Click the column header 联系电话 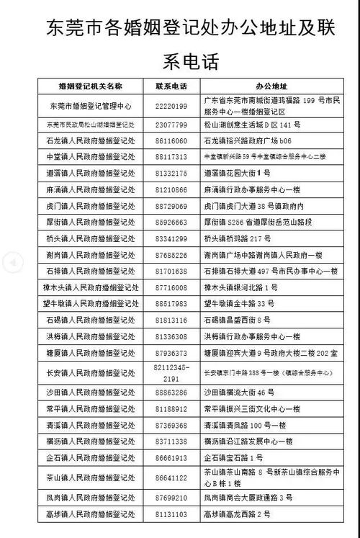(171, 86)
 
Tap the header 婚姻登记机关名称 (91, 86)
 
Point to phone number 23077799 (171, 125)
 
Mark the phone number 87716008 (171, 287)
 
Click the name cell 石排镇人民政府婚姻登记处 (91, 271)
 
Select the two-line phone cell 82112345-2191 (171, 372)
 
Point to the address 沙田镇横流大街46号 (240, 393)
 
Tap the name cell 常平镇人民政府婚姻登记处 (91, 408)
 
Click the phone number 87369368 (171, 425)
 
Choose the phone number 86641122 (171, 477)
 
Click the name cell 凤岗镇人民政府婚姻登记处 (91, 497)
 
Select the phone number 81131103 (171, 514)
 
